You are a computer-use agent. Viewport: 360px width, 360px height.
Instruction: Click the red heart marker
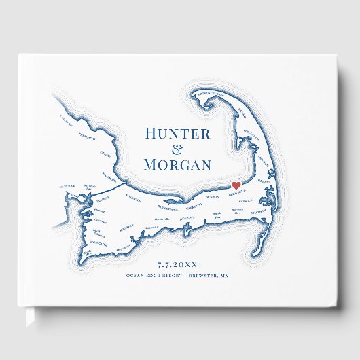coord(236,185)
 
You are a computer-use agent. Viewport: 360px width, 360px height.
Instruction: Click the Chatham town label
coord(259,211)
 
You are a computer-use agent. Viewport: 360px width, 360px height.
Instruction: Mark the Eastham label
coord(266,166)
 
